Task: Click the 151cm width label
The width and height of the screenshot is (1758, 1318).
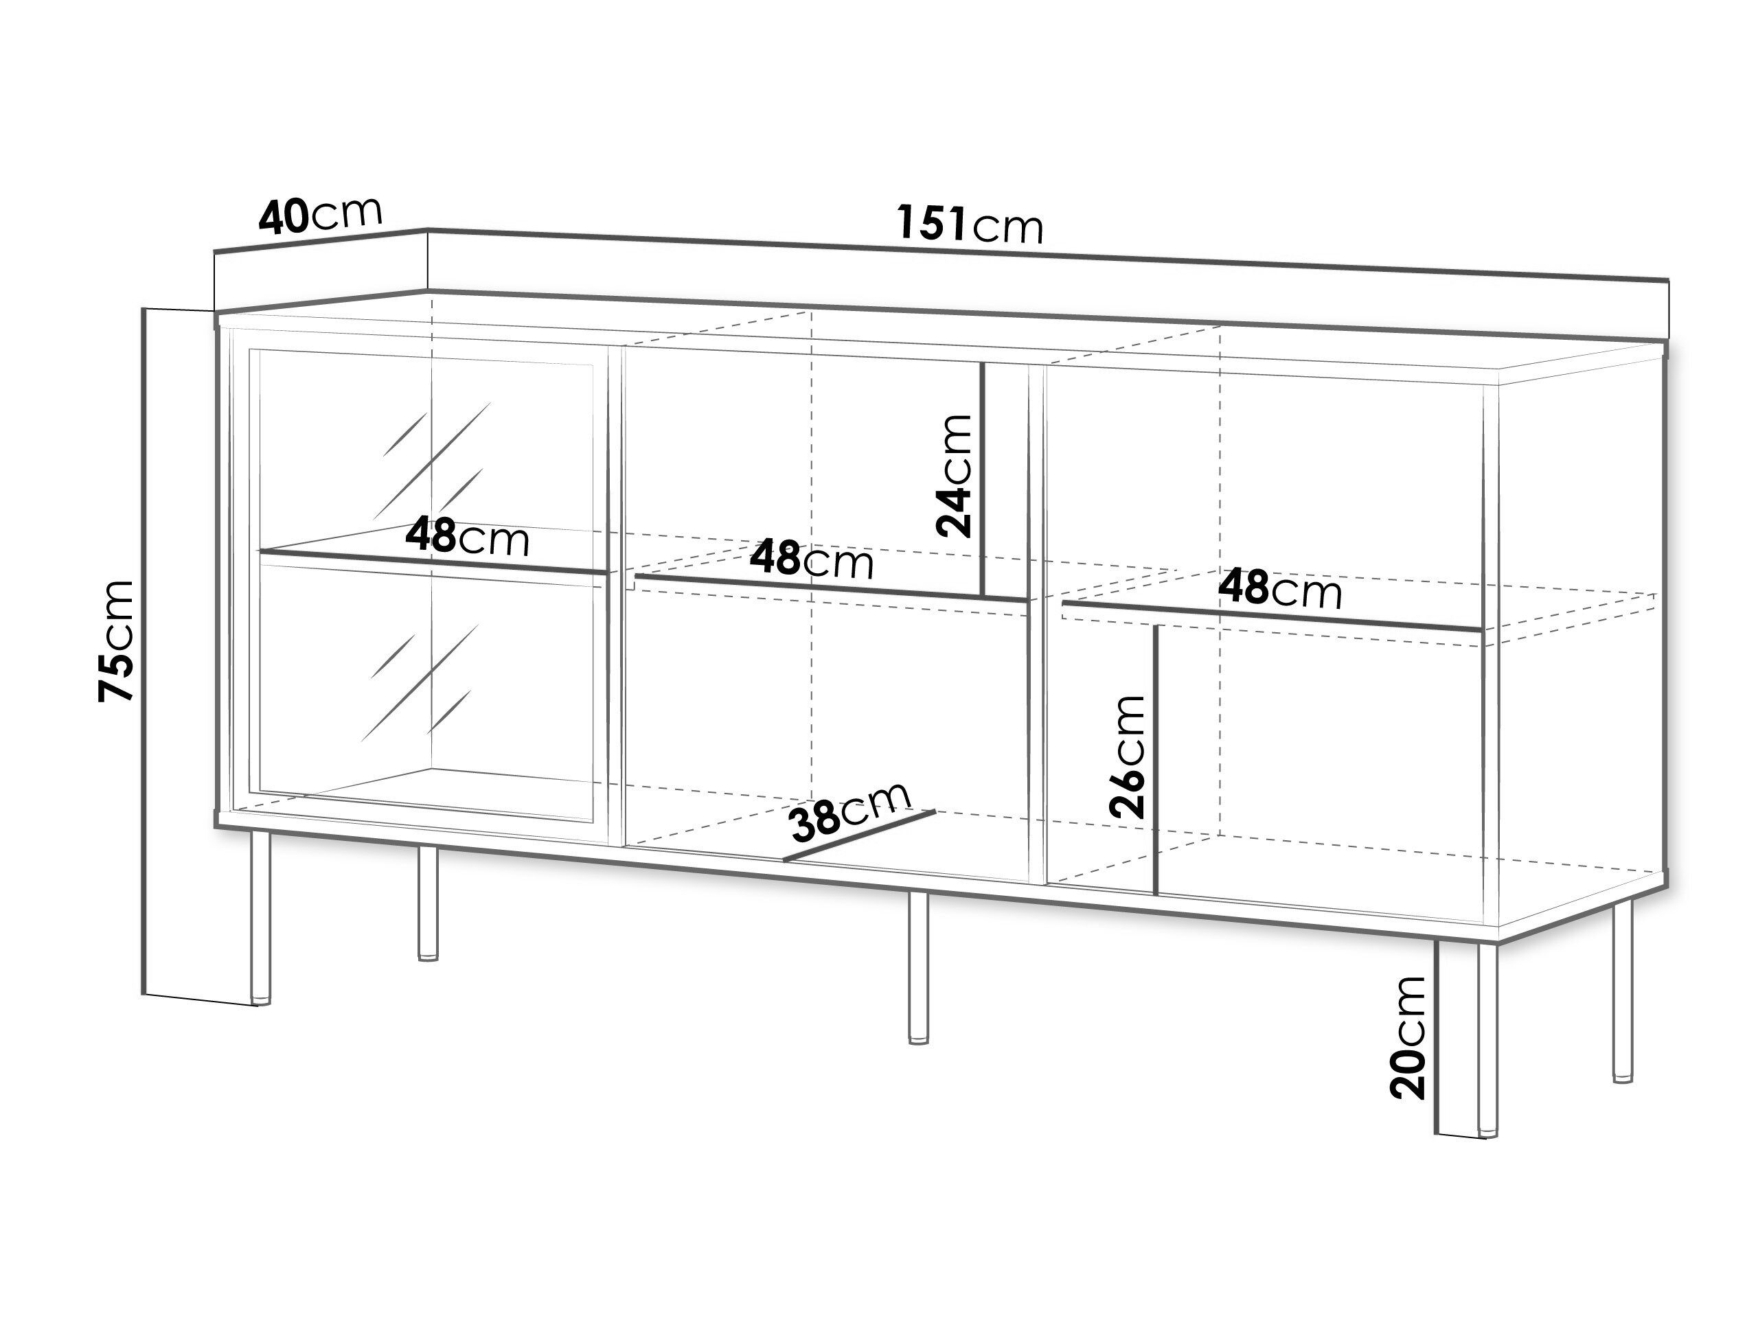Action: tap(970, 223)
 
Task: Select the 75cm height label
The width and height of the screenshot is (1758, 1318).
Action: tap(115, 641)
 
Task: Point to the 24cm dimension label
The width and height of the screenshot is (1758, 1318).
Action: tap(954, 476)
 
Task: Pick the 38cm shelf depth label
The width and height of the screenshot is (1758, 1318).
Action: tap(849, 811)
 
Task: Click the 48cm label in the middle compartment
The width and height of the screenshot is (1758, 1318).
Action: tap(812, 559)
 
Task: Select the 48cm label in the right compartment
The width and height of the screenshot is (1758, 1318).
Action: tap(1280, 590)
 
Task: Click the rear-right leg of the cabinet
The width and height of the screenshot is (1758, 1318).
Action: tap(1622, 991)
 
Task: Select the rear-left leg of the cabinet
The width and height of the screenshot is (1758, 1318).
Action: tap(428, 903)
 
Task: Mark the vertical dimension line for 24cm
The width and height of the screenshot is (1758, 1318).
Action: tap(983, 479)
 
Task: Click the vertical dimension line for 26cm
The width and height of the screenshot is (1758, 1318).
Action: tap(1156, 759)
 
